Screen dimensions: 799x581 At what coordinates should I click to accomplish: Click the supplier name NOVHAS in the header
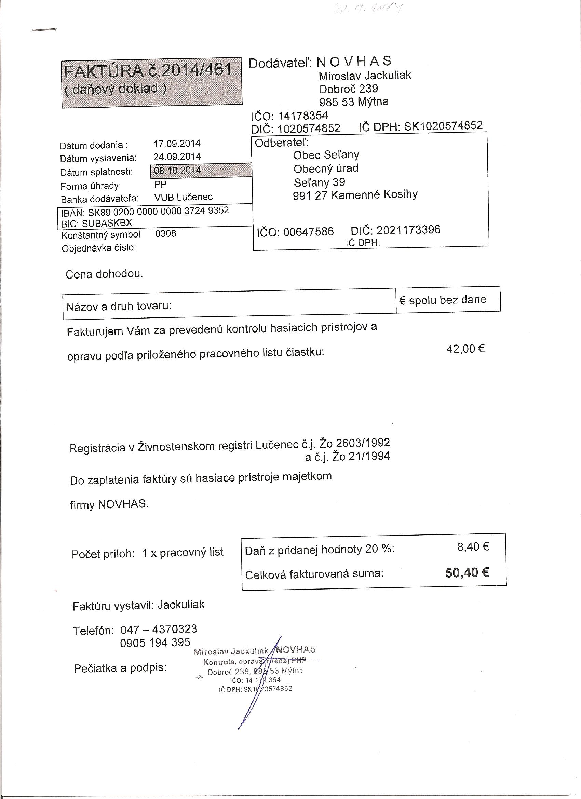tap(354, 62)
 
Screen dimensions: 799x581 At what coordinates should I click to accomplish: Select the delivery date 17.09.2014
tap(177, 144)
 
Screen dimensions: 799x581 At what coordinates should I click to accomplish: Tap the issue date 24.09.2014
tap(177, 157)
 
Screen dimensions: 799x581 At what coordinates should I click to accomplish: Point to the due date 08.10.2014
tap(178, 171)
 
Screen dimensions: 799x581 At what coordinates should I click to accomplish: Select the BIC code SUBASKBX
tap(107, 223)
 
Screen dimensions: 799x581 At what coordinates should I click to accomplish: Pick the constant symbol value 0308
tap(165, 233)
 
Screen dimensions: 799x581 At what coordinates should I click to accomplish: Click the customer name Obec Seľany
tap(326, 155)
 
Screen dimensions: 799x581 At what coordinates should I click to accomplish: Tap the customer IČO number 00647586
tap(308, 232)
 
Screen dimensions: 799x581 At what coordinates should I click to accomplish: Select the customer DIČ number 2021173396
tap(408, 230)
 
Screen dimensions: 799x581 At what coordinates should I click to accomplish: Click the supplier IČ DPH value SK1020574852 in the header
tap(443, 126)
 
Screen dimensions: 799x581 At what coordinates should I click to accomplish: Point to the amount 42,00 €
tap(465, 349)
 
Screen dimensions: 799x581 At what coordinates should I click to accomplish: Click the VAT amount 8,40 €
tap(473, 546)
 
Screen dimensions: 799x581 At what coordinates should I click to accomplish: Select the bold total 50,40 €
tap(467, 573)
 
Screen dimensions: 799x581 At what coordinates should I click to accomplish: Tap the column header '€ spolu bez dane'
tap(443, 300)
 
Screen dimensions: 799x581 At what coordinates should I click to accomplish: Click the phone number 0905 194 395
tap(155, 642)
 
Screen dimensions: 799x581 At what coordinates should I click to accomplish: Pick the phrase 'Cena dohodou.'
tap(104, 274)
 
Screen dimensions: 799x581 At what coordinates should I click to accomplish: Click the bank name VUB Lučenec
tap(183, 197)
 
